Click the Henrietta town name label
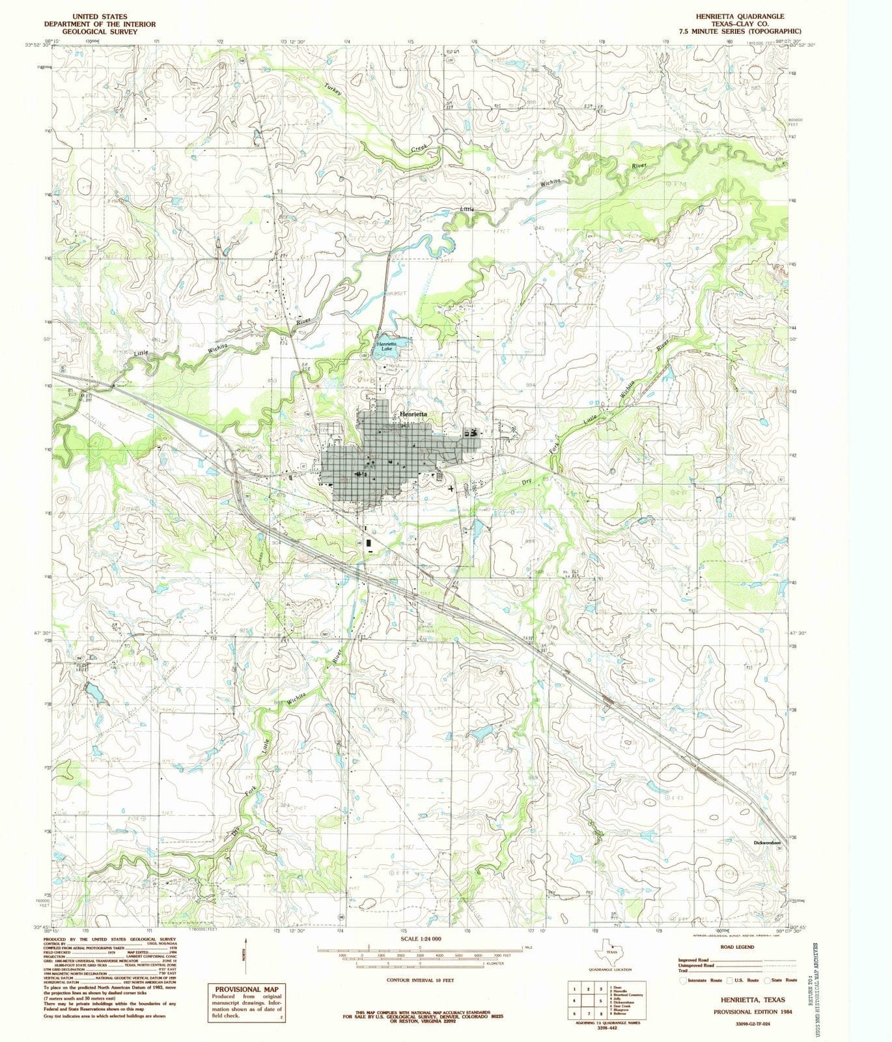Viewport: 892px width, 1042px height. point(413,414)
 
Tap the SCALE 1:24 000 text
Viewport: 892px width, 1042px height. point(421,938)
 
